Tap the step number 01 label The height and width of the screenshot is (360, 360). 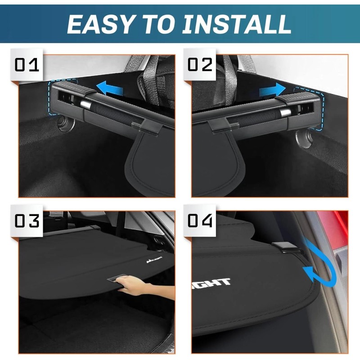click(27, 65)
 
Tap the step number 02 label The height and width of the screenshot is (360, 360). click(200, 65)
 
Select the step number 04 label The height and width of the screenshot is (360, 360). click(200, 221)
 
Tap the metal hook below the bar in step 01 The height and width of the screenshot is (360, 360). click(66, 124)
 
